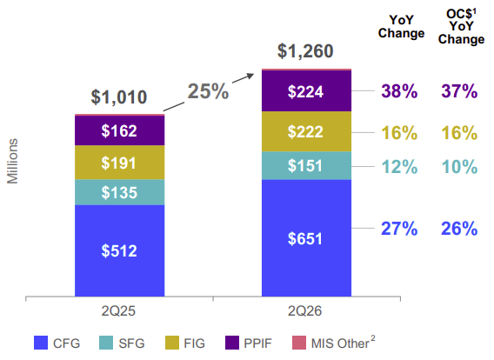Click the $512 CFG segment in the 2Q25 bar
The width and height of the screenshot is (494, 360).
coord(119,250)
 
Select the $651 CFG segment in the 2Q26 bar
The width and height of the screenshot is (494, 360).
coord(306,237)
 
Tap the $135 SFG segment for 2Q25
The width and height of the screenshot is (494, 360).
coord(119,192)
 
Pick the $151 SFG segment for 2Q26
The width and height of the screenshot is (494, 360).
coord(306,166)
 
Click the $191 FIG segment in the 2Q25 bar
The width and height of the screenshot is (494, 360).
coord(119,163)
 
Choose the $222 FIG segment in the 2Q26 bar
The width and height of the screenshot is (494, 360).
coord(306,131)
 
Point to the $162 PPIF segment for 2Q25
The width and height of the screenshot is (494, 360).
coord(119,130)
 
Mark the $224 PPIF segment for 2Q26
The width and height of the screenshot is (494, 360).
coord(306,91)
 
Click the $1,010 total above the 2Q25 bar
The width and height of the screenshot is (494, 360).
coord(119,97)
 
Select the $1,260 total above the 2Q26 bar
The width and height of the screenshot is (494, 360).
coord(305,51)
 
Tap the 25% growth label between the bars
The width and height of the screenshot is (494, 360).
coord(208,91)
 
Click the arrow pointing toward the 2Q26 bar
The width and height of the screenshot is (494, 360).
coord(209,92)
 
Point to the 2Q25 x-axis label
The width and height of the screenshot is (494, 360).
coord(118,311)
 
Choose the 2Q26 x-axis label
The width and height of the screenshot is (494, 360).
coord(304,311)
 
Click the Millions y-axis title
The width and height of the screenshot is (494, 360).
coord(12,161)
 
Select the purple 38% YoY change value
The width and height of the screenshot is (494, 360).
coord(399,91)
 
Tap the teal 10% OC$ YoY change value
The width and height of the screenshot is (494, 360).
coord(459,167)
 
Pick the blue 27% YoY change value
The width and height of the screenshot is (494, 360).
coord(399,229)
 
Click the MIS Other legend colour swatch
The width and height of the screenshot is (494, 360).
coord(299,343)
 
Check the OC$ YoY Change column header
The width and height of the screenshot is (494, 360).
coord(461,27)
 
